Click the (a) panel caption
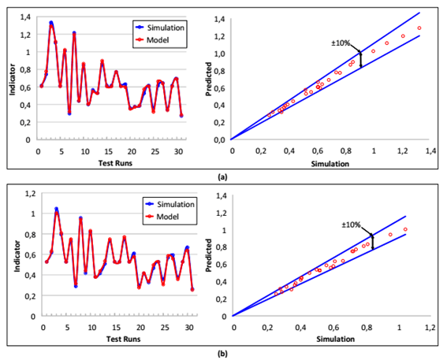(223, 176)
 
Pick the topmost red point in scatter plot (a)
(419, 28)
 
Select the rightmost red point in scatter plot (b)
(405, 229)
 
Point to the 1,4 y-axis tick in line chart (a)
(27, 17)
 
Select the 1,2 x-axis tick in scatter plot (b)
(430, 325)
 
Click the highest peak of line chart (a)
(51, 22)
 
